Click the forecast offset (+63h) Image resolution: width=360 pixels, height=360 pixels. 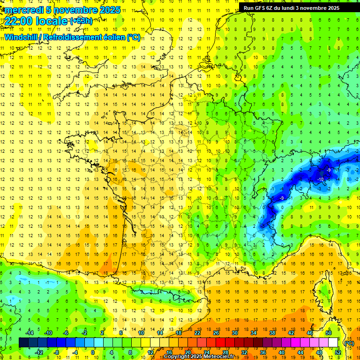click(x=81, y=21)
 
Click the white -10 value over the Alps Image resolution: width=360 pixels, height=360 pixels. click(x=321, y=179)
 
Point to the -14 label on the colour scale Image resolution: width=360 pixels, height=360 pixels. click(x=30, y=332)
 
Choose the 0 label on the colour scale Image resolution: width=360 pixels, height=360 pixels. click(x=93, y=352)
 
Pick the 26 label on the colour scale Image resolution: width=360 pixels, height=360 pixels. click(x=216, y=332)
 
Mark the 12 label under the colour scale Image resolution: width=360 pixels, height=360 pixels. click(x=150, y=352)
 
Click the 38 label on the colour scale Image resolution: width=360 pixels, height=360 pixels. click(x=272, y=332)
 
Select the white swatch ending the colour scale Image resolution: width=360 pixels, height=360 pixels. click(x=333, y=343)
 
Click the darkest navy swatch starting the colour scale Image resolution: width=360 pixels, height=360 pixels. click(x=23, y=343)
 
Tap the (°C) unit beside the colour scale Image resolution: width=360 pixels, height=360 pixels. click(x=349, y=343)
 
